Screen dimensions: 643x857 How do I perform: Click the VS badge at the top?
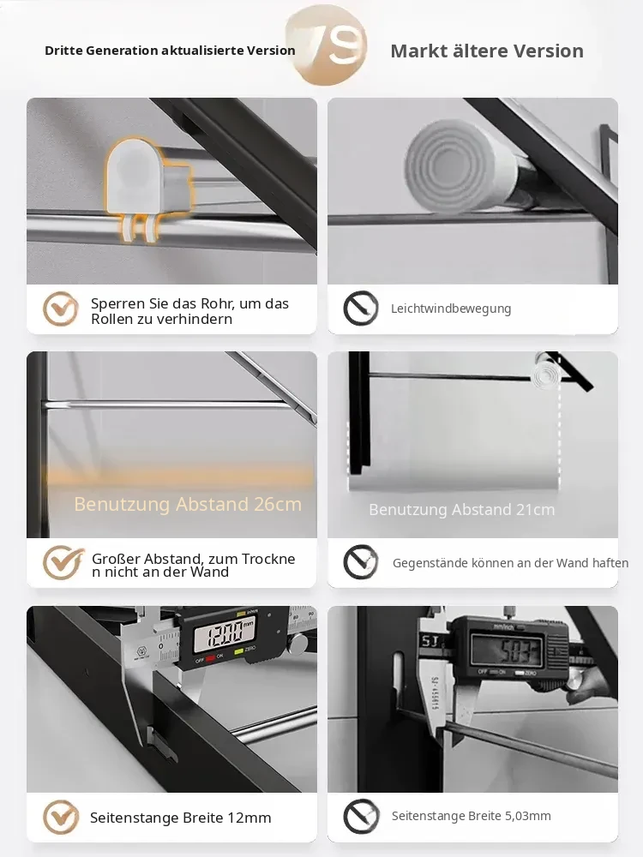[327, 45]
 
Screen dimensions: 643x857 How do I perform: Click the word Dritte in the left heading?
[63, 51]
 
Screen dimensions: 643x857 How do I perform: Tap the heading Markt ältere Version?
[487, 51]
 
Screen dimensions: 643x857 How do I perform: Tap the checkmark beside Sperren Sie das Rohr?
[61, 309]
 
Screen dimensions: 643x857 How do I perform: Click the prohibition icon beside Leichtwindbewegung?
[361, 309]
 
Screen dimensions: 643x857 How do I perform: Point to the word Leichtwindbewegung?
[451, 309]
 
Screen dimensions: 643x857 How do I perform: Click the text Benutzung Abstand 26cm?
[188, 504]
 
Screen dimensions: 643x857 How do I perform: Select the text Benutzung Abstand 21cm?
[461, 509]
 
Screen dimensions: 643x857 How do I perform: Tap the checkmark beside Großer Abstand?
[63, 562]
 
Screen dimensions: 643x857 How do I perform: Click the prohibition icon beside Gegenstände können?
[361, 562]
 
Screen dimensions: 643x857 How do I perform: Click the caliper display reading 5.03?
[508, 650]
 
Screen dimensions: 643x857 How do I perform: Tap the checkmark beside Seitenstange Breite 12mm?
[61, 817]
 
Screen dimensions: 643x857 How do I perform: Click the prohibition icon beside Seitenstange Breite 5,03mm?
[361, 817]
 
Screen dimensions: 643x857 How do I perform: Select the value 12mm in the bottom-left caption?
[249, 818]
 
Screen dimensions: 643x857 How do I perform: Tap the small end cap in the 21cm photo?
[545, 375]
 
